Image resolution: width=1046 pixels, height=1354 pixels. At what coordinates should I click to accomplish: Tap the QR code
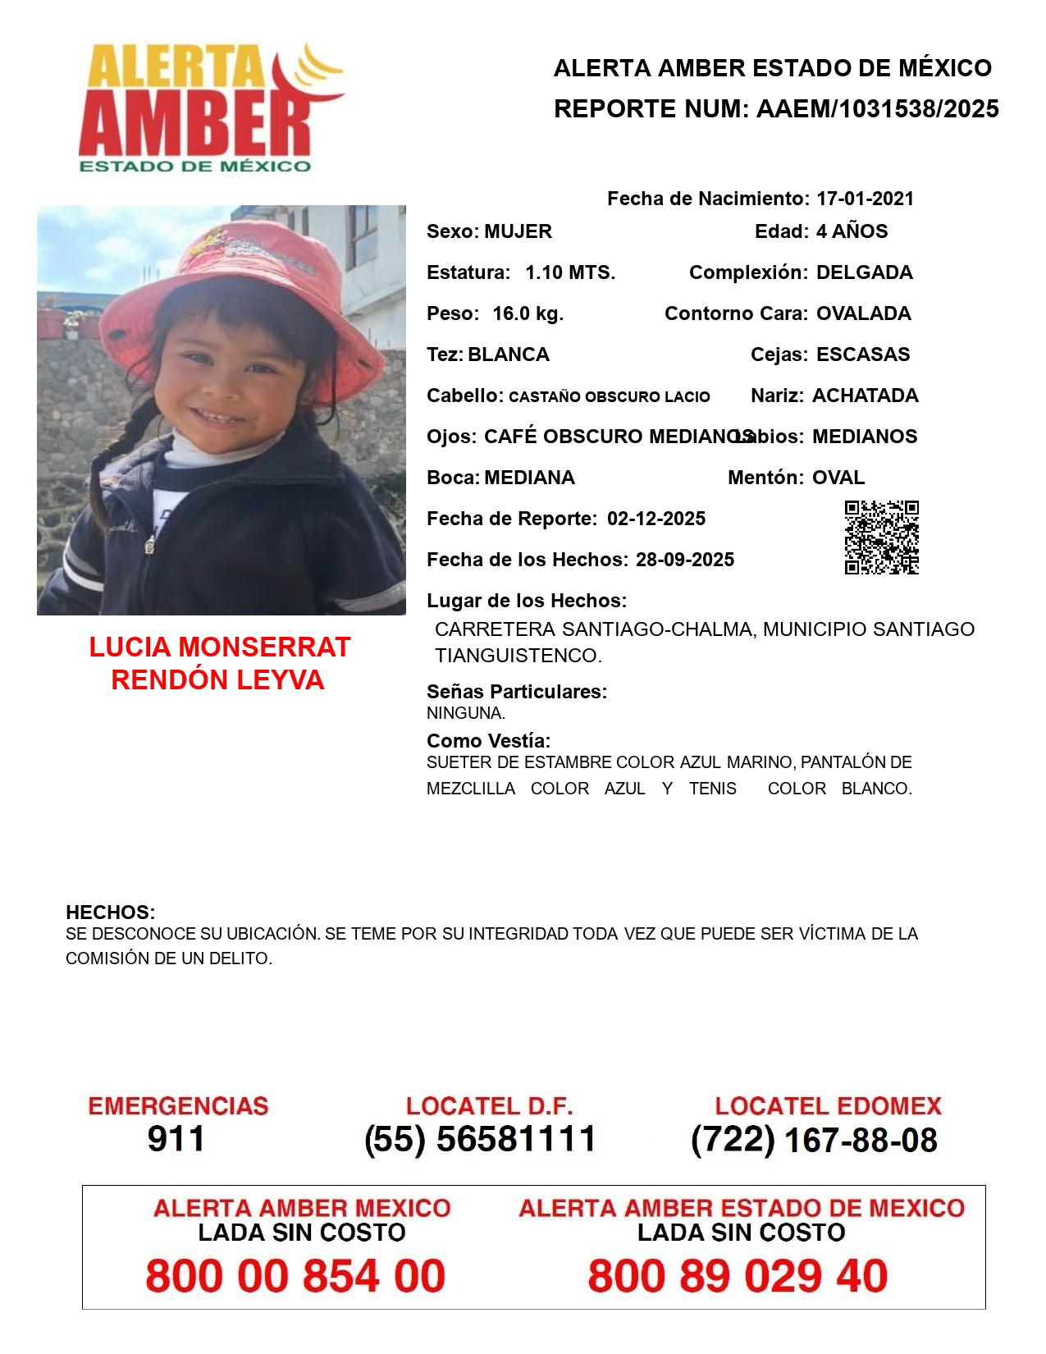pyautogui.click(x=881, y=537)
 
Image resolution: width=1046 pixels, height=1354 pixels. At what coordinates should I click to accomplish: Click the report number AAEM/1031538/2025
pyautogui.click(x=877, y=109)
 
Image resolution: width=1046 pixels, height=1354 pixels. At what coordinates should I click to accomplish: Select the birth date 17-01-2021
pyautogui.click(x=865, y=199)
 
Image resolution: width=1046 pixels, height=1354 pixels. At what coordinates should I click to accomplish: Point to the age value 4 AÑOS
pyautogui.click(x=852, y=231)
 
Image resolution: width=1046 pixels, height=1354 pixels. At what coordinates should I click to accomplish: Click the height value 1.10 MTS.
pyautogui.click(x=570, y=272)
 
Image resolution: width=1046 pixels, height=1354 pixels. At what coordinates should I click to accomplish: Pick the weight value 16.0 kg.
pyautogui.click(x=528, y=313)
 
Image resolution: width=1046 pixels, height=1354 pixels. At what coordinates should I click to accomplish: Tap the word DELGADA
pyautogui.click(x=864, y=272)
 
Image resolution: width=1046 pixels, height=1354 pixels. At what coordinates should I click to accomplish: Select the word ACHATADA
pyautogui.click(x=865, y=396)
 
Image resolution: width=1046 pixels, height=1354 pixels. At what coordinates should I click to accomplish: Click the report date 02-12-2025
pyautogui.click(x=656, y=519)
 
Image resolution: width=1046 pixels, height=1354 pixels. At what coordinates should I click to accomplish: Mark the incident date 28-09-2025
pyautogui.click(x=685, y=560)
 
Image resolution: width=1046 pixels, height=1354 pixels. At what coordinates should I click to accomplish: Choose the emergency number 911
pyautogui.click(x=176, y=1139)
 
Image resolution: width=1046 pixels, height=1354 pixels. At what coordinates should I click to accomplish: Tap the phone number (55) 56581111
pyautogui.click(x=481, y=1139)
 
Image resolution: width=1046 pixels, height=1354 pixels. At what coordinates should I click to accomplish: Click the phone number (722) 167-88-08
pyautogui.click(x=814, y=1140)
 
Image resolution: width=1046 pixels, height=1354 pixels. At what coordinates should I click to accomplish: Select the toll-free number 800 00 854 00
pyautogui.click(x=295, y=1276)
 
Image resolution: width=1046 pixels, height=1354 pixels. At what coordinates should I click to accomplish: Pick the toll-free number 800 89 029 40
pyautogui.click(x=738, y=1276)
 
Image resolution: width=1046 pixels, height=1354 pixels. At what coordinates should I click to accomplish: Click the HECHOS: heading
pyautogui.click(x=110, y=913)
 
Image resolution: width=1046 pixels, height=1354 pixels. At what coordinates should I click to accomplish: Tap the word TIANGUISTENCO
pyautogui.click(x=518, y=656)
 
